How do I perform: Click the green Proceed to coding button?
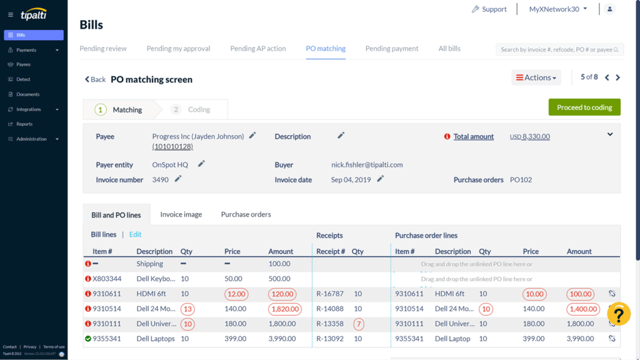click(584, 107)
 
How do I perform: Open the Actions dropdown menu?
click(536, 77)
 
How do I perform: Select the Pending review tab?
click(103, 49)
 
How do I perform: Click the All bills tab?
click(449, 49)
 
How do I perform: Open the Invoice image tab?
click(181, 214)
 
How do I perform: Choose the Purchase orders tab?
click(246, 214)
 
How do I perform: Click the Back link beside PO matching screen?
click(95, 79)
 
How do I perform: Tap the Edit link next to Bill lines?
click(135, 234)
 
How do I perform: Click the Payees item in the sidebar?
click(23, 64)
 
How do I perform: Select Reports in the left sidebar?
click(24, 124)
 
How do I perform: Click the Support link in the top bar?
click(489, 9)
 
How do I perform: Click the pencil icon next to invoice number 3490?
click(178, 179)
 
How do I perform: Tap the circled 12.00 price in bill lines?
click(236, 294)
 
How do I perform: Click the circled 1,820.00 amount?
click(284, 309)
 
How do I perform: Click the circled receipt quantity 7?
click(358, 324)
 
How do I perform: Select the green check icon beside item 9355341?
click(87, 339)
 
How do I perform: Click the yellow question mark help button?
click(618, 314)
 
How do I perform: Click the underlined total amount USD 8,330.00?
click(530, 137)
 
